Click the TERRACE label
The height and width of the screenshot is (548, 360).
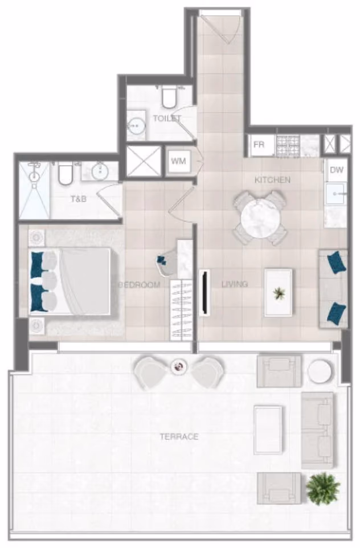[x=179, y=436]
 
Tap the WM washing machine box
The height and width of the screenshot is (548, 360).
[x=178, y=161]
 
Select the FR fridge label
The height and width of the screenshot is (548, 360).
[x=259, y=145]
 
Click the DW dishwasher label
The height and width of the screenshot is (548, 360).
[x=337, y=170]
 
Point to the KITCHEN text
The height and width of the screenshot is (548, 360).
[x=273, y=180]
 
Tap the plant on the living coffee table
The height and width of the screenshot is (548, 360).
[x=279, y=293]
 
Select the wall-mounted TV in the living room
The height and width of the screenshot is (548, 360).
[x=204, y=293]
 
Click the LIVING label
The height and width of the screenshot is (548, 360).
[x=235, y=284]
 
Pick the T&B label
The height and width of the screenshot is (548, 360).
[x=79, y=199]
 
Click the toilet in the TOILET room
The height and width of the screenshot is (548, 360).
[x=169, y=97]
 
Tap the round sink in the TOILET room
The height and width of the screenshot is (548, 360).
[x=136, y=125]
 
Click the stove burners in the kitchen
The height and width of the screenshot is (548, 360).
[x=288, y=146]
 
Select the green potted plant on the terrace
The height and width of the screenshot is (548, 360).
[x=322, y=488]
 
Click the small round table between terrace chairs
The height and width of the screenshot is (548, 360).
[x=179, y=367]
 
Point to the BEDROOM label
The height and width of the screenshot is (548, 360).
[x=140, y=285]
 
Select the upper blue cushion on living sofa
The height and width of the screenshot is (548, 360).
[x=337, y=262]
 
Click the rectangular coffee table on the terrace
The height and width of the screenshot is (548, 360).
[x=268, y=430]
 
